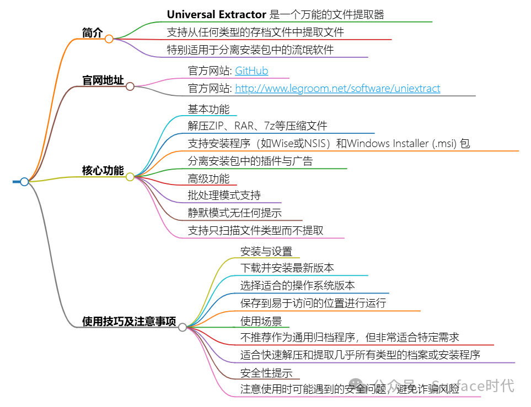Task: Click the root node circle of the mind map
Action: [24, 182]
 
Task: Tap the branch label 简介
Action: [92, 32]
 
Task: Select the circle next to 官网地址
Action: [130, 86]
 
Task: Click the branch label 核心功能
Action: [103, 171]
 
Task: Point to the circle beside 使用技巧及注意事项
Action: [183, 327]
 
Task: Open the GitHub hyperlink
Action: [251, 71]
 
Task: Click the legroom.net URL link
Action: [337, 88]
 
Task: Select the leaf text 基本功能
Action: [208, 109]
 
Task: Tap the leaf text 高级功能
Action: [208, 178]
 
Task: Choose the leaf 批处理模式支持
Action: [224, 196]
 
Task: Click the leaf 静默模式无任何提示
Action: [235, 213]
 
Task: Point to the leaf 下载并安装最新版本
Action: [287, 268]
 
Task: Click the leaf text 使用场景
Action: [261, 321]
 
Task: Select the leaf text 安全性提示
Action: [266, 373]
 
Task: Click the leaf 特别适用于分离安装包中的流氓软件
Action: [250, 50]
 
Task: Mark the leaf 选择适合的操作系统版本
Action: [297, 285]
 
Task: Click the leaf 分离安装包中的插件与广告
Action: [250, 161]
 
